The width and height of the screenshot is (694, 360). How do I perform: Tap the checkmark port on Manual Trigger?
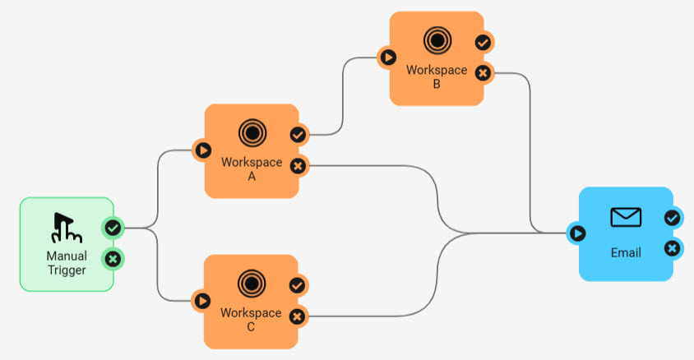click(x=113, y=227)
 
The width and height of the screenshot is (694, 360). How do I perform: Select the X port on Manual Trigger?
click(x=113, y=260)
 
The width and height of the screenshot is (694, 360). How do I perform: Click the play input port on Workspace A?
click(x=202, y=150)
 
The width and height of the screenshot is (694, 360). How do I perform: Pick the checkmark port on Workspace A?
click(x=298, y=134)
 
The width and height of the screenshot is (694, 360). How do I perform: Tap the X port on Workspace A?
click(x=298, y=166)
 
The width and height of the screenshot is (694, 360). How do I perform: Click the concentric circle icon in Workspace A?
click(x=252, y=132)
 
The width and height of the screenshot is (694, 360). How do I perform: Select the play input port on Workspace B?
click(x=387, y=58)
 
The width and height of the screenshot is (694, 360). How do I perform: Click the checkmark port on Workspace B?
click(x=483, y=42)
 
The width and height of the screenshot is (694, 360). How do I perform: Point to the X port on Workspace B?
click(x=483, y=73)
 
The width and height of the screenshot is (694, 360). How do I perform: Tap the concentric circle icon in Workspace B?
click(x=437, y=39)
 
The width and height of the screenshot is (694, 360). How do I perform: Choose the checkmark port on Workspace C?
click(x=298, y=285)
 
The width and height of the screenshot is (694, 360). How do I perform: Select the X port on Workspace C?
click(x=298, y=316)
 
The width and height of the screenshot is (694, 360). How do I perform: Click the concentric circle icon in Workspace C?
click(x=252, y=284)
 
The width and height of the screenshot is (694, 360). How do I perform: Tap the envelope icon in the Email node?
click(x=626, y=217)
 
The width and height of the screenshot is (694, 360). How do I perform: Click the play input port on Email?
click(x=577, y=233)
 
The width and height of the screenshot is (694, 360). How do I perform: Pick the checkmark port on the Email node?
click(x=672, y=218)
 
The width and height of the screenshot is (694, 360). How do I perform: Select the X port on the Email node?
click(x=672, y=248)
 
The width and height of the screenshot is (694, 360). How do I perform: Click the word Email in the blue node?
click(x=626, y=252)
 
